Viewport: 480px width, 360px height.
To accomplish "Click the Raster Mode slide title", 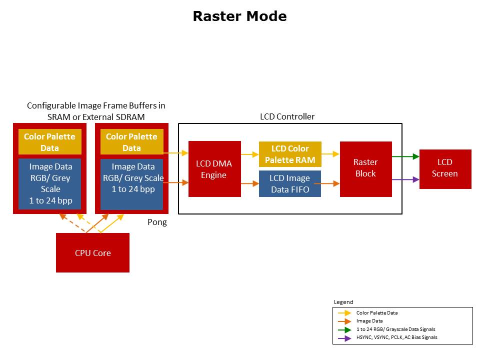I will tap(239, 16).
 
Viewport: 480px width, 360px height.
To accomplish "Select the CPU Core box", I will tap(92, 253).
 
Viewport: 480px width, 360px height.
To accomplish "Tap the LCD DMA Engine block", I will tap(214, 169).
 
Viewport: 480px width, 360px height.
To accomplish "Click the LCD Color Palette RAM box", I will tap(290, 154).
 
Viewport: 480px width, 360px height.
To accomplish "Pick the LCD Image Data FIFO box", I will tap(290, 183).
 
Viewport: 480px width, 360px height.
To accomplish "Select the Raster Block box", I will tap(365, 168).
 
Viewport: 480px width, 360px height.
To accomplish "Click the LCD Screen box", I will tap(445, 168).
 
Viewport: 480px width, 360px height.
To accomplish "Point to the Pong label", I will tap(157, 222).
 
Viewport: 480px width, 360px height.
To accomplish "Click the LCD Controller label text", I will tap(287, 116).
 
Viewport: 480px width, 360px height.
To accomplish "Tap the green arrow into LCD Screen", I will tap(405, 156).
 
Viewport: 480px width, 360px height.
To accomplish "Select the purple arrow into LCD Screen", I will tap(405, 179).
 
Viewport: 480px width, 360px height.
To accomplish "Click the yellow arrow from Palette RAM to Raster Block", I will tap(330, 154).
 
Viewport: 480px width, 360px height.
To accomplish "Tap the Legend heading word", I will tap(343, 302).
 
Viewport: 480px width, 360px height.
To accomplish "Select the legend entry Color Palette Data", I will tap(377, 312).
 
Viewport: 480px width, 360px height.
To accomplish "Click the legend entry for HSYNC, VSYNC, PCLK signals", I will tap(396, 337).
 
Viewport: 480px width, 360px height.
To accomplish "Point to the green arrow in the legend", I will tap(344, 329).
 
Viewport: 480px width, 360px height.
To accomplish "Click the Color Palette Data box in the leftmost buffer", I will tap(49, 142).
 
